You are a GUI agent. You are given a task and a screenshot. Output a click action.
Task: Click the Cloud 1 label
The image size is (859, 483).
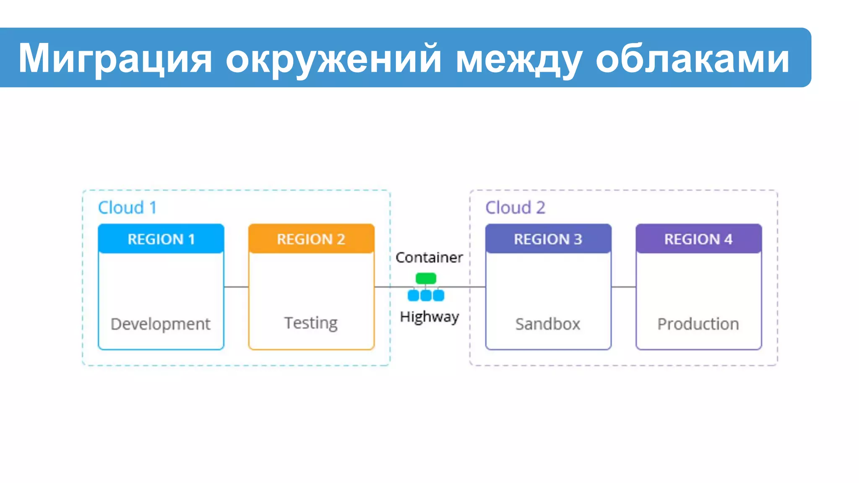[127, 208]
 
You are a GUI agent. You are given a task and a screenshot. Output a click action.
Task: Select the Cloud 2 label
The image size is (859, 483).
[515, 208]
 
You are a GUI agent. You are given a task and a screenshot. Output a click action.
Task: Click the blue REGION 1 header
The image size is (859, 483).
[161, 239]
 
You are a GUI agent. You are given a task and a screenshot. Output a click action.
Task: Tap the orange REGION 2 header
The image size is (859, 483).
[311, 239]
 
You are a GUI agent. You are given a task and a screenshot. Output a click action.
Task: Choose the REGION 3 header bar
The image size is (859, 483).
[548, 239]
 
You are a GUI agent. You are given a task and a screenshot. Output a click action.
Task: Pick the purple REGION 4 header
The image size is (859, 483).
[698, 239]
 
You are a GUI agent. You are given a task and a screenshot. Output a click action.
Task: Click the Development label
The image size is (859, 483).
[160, 324]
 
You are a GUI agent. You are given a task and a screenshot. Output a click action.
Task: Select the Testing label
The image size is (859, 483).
[311, 323]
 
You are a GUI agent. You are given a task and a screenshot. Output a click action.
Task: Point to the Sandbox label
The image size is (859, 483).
[548, 324]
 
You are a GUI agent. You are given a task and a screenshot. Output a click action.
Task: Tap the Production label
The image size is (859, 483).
[698, 324]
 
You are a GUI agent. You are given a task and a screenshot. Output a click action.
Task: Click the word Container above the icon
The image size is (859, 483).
[429, 257]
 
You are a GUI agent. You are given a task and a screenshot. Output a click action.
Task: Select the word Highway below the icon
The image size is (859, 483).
[429, 317]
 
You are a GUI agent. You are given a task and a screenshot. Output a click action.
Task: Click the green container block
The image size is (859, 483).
[426, 278]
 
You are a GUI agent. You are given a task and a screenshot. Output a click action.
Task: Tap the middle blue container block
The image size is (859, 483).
[426, 296]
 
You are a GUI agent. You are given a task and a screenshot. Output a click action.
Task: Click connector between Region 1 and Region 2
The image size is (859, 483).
[236, 287]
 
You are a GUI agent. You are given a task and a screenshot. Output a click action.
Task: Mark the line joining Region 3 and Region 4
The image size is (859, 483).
[623, 287]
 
